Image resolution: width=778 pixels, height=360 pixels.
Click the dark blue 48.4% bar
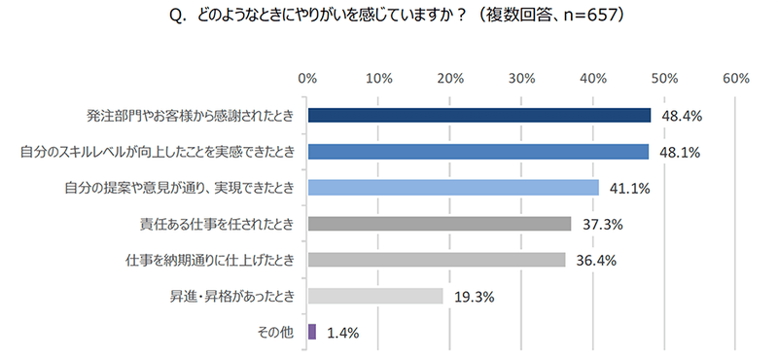478,116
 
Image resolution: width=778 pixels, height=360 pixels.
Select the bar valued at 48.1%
477,152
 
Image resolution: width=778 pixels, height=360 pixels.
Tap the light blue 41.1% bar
452,188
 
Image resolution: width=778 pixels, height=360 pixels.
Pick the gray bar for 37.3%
439,224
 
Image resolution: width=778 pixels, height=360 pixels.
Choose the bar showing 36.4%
436,260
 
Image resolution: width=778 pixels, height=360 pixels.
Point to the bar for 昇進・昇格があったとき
374,296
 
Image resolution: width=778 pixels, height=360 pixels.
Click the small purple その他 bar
311,332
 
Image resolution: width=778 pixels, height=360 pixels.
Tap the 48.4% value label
682,117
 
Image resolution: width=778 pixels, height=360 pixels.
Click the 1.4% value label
341,333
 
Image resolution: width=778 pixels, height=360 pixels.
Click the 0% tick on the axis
307,78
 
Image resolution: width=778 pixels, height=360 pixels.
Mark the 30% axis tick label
521,78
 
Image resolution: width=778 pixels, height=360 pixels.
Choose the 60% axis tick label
735,78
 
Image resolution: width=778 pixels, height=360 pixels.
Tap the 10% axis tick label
378,78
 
